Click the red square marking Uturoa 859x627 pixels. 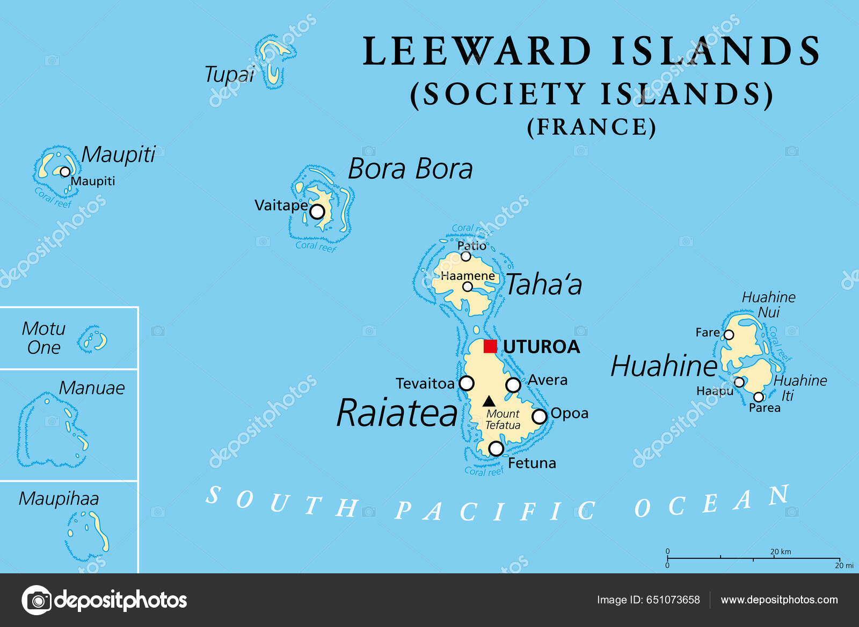(490, 346)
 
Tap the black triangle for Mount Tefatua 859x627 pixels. (489, 401)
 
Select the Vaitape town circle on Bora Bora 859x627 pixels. (317, 212)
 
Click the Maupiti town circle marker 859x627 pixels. (65, 172)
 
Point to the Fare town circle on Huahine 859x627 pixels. (729, 335)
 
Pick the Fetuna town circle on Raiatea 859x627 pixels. (496, 448)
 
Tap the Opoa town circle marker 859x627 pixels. (539, 416)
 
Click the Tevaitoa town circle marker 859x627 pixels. (467, 383)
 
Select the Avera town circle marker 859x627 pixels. (513, 385)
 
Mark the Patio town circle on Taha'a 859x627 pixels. (466, 257)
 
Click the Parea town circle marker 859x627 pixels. (759, 397)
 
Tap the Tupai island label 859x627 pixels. (229, 75)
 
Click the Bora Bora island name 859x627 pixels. (410, 169)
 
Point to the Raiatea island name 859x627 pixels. (397, 413)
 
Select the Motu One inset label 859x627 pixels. (43, 338)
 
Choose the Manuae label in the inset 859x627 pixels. (92, 388)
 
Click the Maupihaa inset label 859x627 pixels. (59, 499)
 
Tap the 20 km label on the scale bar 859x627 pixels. (781, 551)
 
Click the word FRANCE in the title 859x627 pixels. (592, 127)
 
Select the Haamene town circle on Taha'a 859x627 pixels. (468, 287)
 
